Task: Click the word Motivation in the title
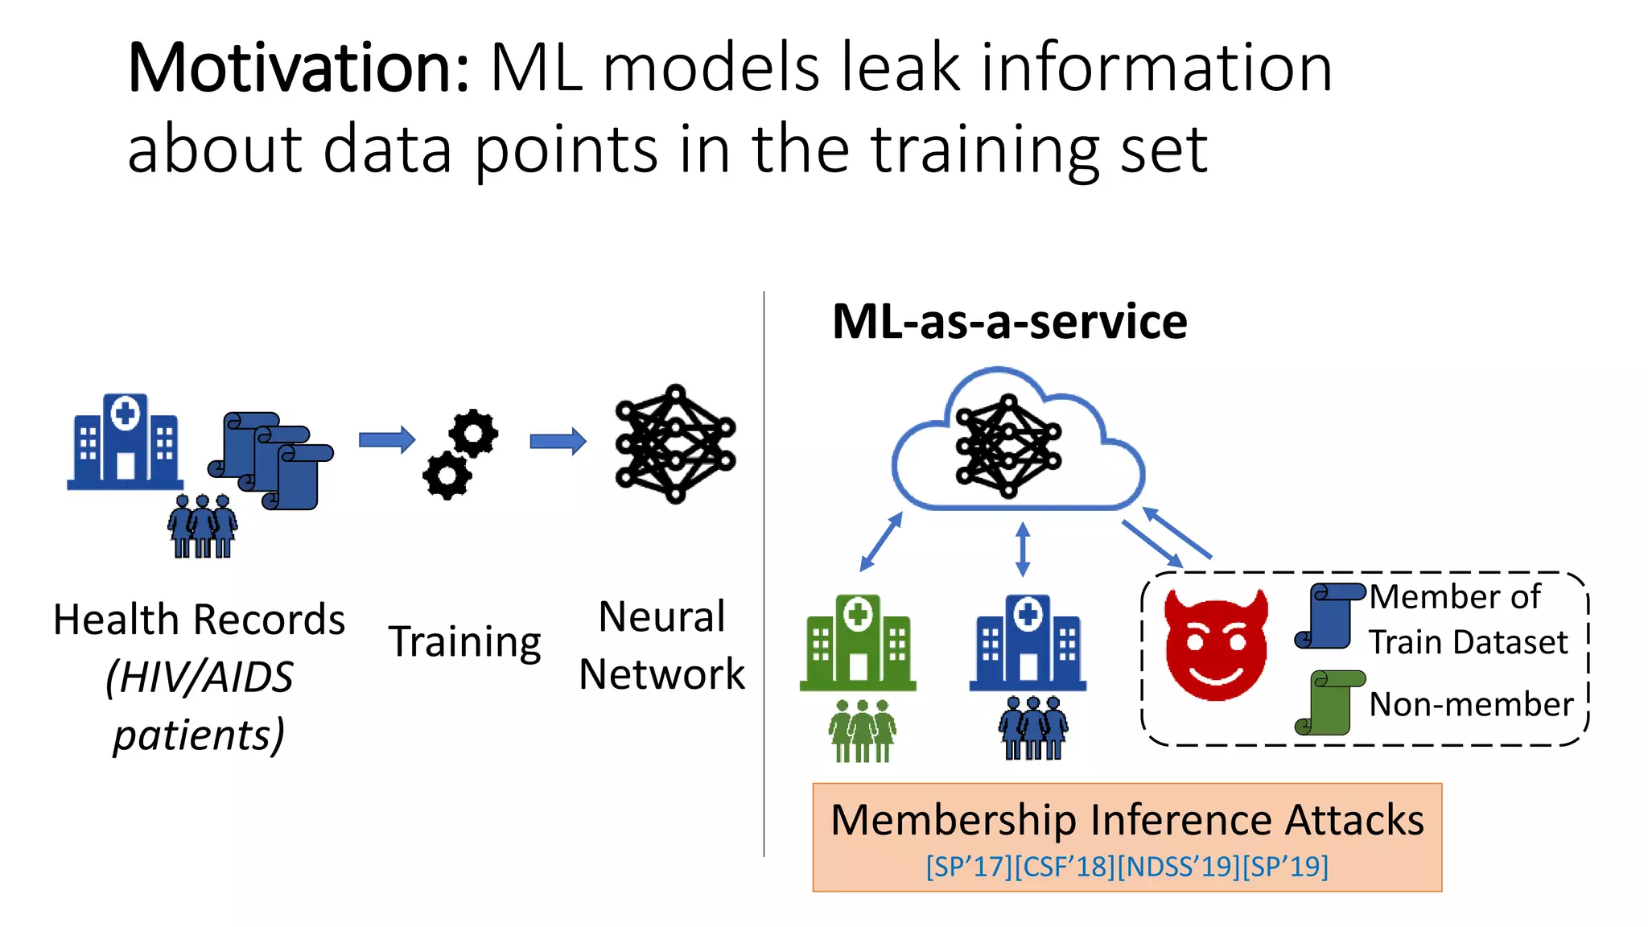tap(298, 69)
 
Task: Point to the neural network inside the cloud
tap(1007, 445)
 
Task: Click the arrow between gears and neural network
tap(558, 440)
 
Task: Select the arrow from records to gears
tap(387, 439)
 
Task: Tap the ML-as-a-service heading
tap(1009, 322)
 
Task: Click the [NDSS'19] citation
tap(1179, 867)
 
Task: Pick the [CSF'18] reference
tap(1065, 867)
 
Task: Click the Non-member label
tap(1471, 704)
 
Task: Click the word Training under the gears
tap(465, 642)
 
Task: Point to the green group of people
tap(862, 731)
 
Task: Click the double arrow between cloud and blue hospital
tap(1023, 550)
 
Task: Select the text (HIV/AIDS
tap(200, 677)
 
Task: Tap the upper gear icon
tap(473, 434)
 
